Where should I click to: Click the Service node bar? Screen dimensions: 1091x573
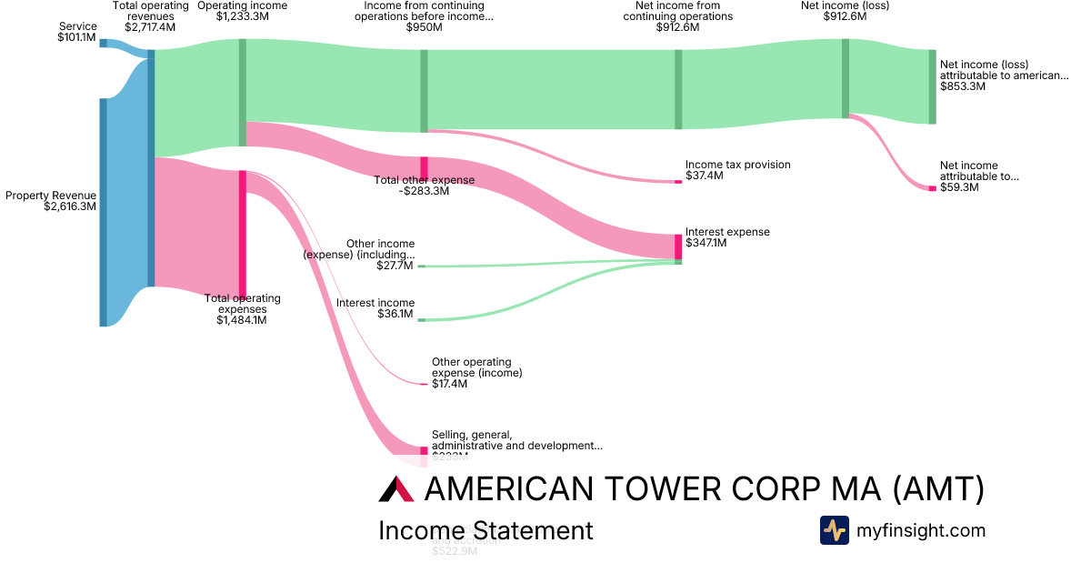(x=103, y=43)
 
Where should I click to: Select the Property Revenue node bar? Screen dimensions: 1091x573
(x=103, y=211)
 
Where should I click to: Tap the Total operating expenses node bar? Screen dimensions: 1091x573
(x=243, y=233)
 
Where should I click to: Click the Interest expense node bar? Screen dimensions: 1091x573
(x=678, y=246)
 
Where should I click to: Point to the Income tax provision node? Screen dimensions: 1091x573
(x=678, y=182)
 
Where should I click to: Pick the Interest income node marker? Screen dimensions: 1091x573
(x=421, y=320)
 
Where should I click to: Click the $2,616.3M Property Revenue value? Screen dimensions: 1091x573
(x=70, y=206)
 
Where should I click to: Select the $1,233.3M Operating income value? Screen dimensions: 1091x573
(x=242, y=16)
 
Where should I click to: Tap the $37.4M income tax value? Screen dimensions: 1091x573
(x=705, y=176)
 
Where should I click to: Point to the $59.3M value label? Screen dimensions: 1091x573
(x=959, y=187)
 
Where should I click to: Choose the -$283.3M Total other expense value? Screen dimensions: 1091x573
(x=425, y=191)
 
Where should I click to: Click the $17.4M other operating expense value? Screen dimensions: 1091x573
(x=449, y=384)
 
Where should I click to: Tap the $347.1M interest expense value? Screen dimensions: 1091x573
(x=706, y=243)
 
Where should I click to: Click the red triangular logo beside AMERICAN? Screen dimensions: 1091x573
(x=396, y=489)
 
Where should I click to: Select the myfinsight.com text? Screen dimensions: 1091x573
(x=921, y=530)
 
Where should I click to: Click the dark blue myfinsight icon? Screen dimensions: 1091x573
(x=834, y=530)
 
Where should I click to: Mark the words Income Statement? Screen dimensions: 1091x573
(x=485, y=530)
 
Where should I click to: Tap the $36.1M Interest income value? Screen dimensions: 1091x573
(x=395, y=314)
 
